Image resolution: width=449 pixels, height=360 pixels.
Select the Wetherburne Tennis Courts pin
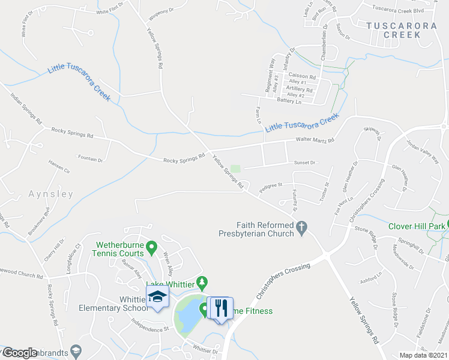152,247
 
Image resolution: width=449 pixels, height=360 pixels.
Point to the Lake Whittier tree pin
203,281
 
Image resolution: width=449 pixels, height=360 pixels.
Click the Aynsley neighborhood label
50,194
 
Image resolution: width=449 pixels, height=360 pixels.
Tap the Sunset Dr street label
304,162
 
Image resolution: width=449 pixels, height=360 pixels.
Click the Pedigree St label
270,186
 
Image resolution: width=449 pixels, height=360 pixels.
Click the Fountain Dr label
91,160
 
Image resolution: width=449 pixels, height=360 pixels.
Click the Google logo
19,353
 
